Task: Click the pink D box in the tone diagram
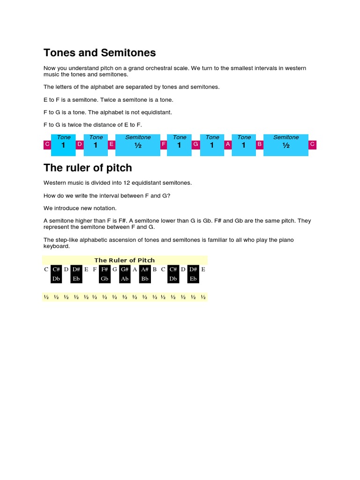[x=80, y=145]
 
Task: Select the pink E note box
[x=112, y=145]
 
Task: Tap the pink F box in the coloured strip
[x=164, y=145]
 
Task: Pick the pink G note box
[x=196, y=145]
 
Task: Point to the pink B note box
[x=259, y=145]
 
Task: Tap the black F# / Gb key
[x=105, y=274]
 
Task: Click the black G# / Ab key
[x=125, y=274]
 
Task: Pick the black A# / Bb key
[x=144, y=274]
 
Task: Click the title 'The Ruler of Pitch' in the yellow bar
[x=124, y=260]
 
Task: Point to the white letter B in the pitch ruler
[x=155, y=269]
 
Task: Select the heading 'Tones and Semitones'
[x=99, y=52]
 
